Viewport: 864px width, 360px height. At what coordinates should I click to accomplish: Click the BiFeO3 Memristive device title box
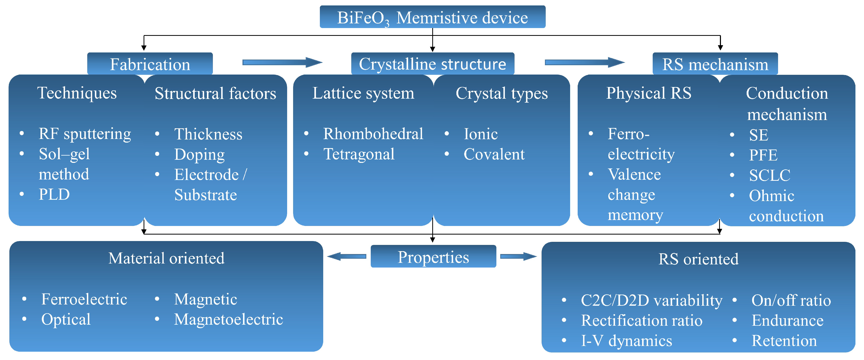[432, 17]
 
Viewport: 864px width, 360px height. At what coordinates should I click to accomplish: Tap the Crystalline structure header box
[432, 64]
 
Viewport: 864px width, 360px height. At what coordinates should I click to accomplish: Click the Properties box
[433, 257]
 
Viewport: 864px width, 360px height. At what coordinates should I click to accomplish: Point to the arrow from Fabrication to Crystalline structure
[282, 62]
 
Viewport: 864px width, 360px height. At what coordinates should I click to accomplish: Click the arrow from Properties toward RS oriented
[518, 257]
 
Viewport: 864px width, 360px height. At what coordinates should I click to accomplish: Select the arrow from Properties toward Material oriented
[347, 257]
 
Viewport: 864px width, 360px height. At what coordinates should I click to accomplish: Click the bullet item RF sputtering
[85, 134]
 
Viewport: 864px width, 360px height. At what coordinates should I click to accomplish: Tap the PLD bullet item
[54, 195]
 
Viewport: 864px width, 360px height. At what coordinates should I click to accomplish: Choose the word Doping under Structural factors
[199, 155]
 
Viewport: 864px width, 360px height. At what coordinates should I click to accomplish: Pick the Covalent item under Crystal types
[494, 154]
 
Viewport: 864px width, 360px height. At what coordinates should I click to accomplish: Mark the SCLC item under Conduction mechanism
[770, 175]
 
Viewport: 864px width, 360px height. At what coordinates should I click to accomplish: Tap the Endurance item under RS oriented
[787, 321]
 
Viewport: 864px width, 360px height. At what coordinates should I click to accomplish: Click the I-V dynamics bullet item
[626, 341]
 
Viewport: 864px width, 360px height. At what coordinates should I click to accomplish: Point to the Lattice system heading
[363, 93]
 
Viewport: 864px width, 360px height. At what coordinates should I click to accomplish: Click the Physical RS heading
[648, 93]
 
